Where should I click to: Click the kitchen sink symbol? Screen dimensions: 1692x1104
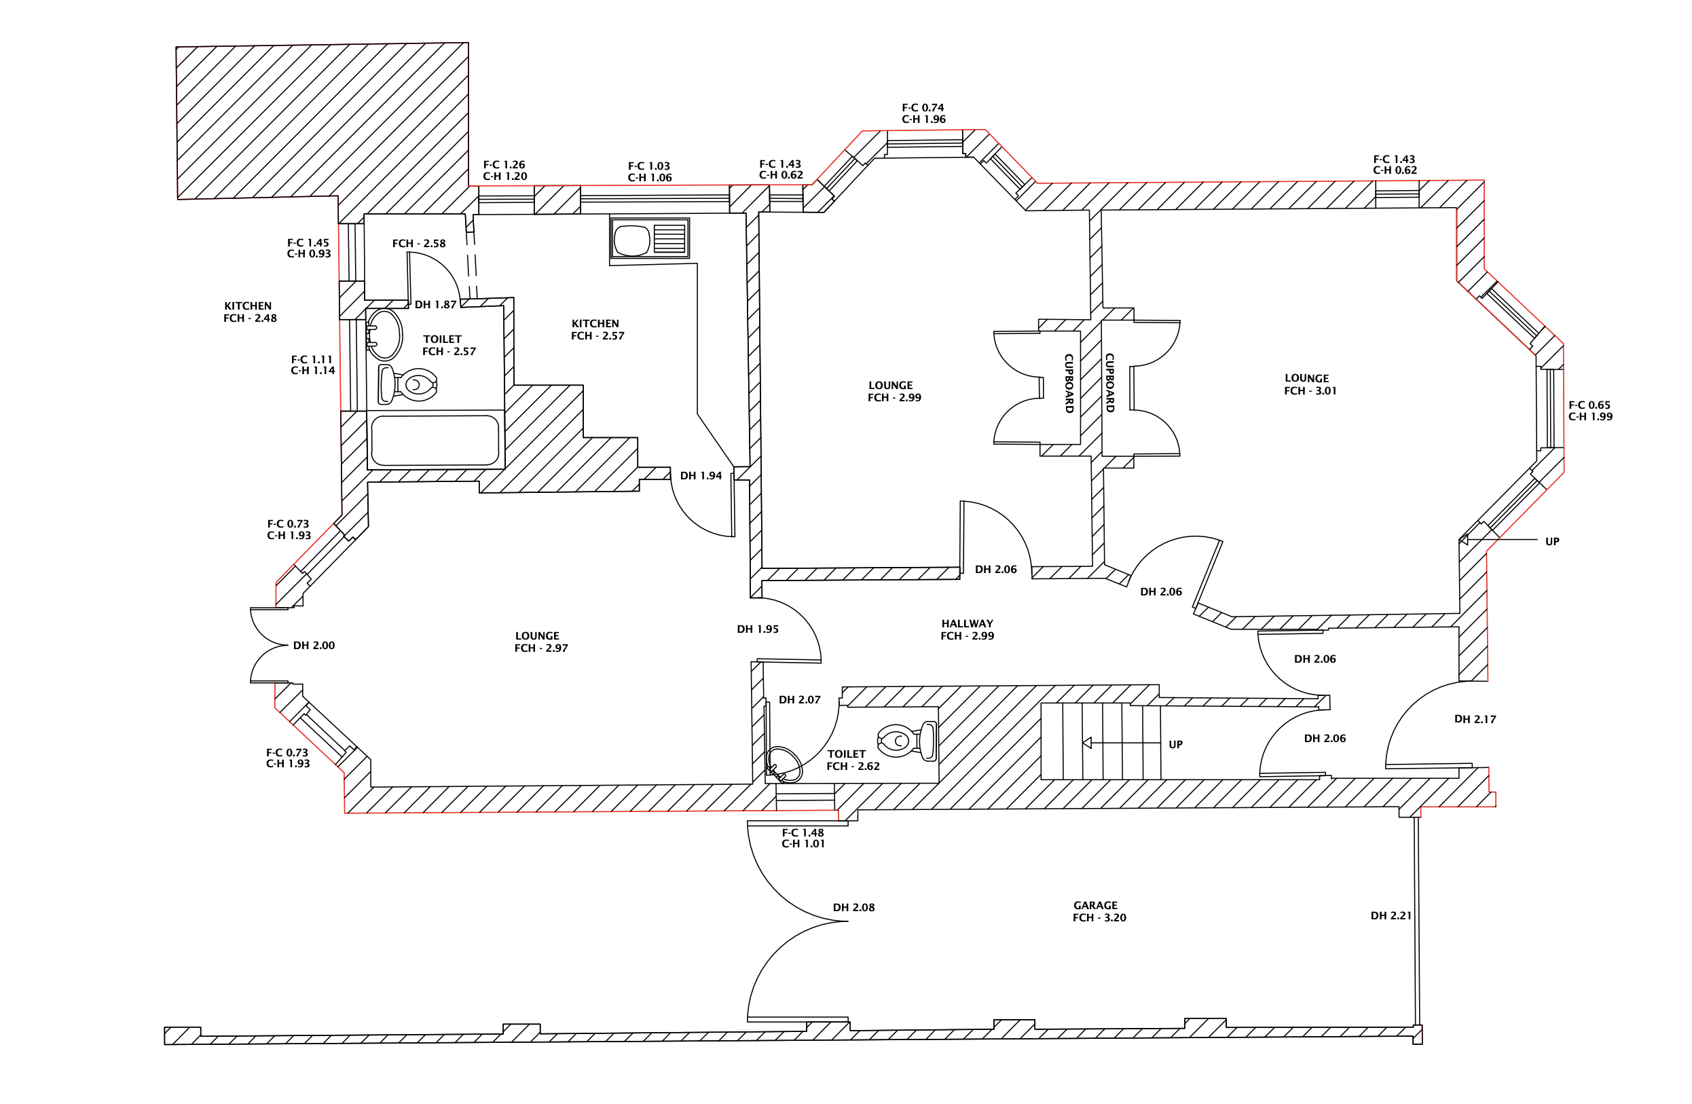click(649, 238)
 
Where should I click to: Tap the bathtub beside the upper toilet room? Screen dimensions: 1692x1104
click(435, 441)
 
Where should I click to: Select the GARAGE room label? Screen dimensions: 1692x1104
click(1096, 905)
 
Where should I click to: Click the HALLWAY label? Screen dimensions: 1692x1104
click(967, 623)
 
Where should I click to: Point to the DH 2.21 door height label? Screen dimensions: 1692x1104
click(1391, 916)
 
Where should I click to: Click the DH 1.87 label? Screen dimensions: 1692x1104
click(435, 305)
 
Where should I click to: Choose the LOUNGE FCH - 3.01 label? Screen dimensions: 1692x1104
click(1310, 384)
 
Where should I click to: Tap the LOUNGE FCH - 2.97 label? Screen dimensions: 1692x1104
click(541, 642)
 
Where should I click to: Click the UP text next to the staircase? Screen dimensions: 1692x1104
click(1176, 744)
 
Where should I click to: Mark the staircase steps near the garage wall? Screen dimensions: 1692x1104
click(1101, 741)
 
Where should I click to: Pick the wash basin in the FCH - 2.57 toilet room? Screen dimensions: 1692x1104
click(384, 334)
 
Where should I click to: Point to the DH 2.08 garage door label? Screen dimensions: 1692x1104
click(853, 907)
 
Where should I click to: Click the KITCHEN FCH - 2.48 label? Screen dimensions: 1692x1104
click(250, 312)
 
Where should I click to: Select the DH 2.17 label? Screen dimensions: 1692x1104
click(1475, 719)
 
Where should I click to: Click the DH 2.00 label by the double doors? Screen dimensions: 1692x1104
click(314, 646)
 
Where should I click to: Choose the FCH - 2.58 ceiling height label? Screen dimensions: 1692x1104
click(419, 243)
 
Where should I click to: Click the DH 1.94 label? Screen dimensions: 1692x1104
click(701, 475)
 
